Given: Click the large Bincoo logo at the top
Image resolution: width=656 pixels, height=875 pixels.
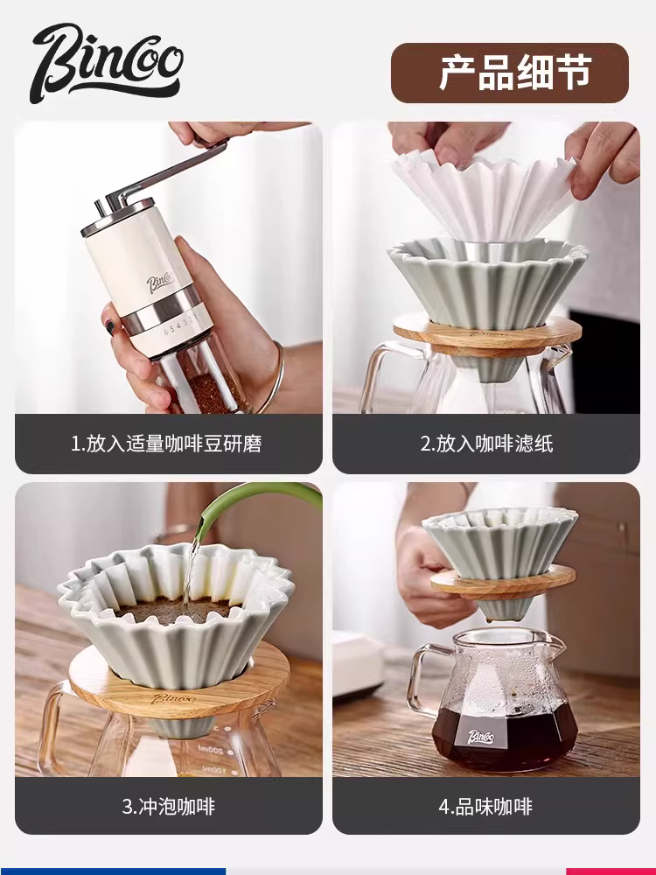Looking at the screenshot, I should click(x=107, y=62).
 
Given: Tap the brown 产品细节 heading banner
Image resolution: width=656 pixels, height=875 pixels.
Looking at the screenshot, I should click(x=509, y=73).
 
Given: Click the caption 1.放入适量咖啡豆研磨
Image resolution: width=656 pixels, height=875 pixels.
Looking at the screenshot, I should click(x=166, y=444).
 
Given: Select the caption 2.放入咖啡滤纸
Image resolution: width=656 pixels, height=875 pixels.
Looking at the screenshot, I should click(x=486, y=444).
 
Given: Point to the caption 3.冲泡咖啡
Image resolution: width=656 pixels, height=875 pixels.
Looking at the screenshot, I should click(x=166, y=805).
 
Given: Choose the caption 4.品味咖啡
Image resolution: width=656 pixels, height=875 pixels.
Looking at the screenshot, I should click(x=486, y=805).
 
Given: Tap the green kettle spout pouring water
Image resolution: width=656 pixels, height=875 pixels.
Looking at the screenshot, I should click(x=236, y=507).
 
